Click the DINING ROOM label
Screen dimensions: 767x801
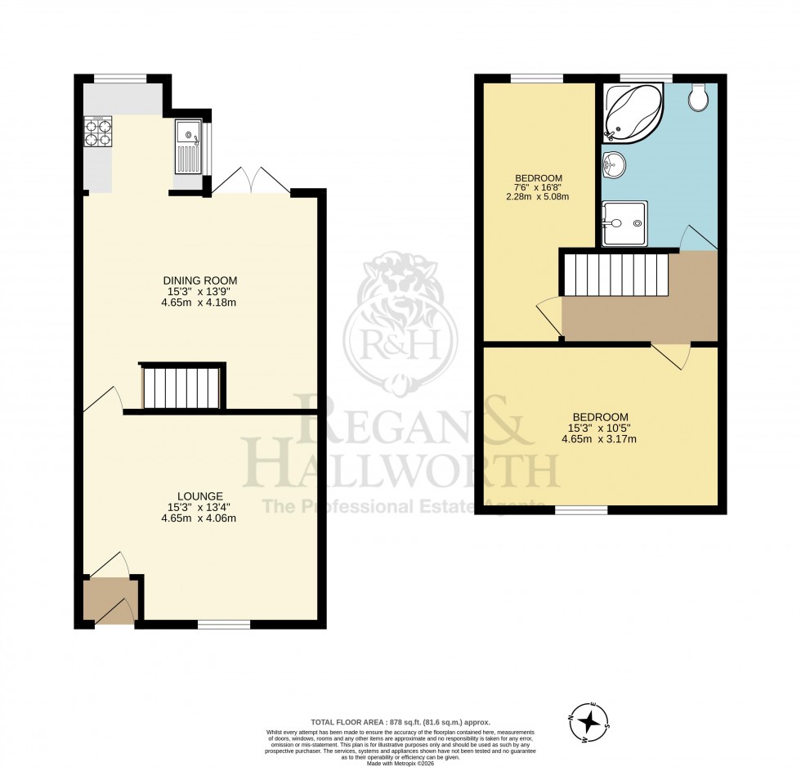[x=199, y=280]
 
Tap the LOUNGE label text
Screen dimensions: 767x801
[x=199, y=496]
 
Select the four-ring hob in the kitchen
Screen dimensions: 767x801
[x=97, y=132]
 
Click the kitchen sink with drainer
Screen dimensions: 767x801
[x=187, y=146]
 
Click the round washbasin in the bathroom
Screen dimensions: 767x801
[x=614, y=165]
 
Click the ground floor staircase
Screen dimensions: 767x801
[x=182, y=388]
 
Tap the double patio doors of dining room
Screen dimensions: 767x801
[x=251, y=181]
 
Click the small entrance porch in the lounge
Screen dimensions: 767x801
[x=110, y=599]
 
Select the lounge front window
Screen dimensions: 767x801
[x=223, y=625]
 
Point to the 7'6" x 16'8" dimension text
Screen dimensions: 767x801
[x=538, y=191]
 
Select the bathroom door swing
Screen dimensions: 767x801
[x=696, y=236]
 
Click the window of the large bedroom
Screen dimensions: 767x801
[x=581, y=509]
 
